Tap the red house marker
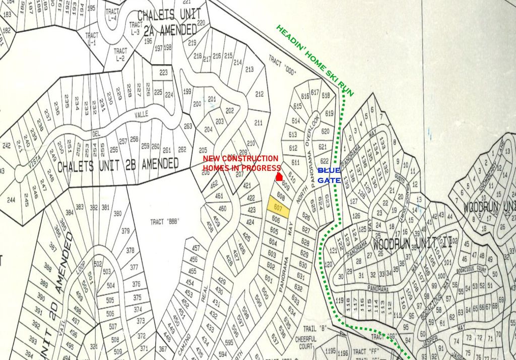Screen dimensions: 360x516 tap(279, 177)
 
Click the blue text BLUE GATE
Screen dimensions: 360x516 tap(329, 175)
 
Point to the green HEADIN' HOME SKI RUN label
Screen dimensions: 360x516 tap(314, 59)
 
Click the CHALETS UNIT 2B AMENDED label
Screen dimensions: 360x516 tap(118, 165)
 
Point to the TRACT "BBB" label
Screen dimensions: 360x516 tap(165, 221)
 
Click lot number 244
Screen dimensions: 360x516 tap(11, 200)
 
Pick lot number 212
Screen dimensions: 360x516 tap(260, 94)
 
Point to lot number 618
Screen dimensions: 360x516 tap(326, 95)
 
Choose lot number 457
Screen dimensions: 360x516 tap(196, 248)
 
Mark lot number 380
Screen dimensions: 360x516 tap(117, 213)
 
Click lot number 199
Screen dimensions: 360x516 tap(187, 91)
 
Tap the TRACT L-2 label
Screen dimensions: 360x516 tap(120, 54)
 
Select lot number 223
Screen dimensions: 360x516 tap(163, 73)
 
